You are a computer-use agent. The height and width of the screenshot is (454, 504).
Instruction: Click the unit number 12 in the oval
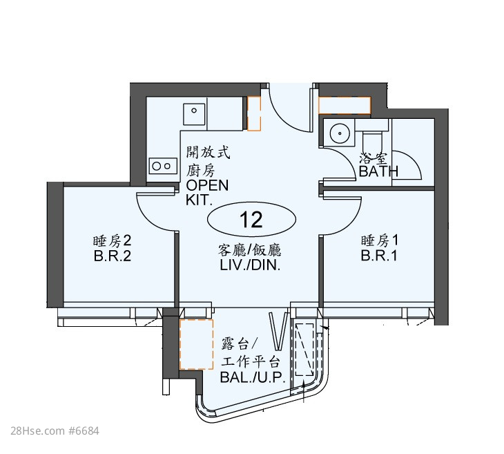251,220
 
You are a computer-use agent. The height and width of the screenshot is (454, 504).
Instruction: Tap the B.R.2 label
112,256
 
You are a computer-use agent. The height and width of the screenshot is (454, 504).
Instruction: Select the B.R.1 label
379,256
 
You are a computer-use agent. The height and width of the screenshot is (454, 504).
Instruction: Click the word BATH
378,171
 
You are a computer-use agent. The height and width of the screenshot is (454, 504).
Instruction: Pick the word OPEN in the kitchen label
207,185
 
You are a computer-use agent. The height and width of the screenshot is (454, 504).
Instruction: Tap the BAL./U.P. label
253,377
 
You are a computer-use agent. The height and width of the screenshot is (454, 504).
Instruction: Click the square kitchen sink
194,114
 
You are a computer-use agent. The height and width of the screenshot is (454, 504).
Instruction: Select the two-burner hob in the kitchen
163,166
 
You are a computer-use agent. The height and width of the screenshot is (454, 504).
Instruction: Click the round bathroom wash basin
339,133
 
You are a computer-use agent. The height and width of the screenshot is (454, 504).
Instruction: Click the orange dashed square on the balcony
196,344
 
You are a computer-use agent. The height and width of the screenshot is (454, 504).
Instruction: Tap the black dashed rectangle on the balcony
304,350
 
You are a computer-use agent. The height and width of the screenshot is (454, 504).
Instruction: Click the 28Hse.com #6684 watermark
55,431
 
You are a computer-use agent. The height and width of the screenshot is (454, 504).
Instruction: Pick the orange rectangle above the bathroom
345,105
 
